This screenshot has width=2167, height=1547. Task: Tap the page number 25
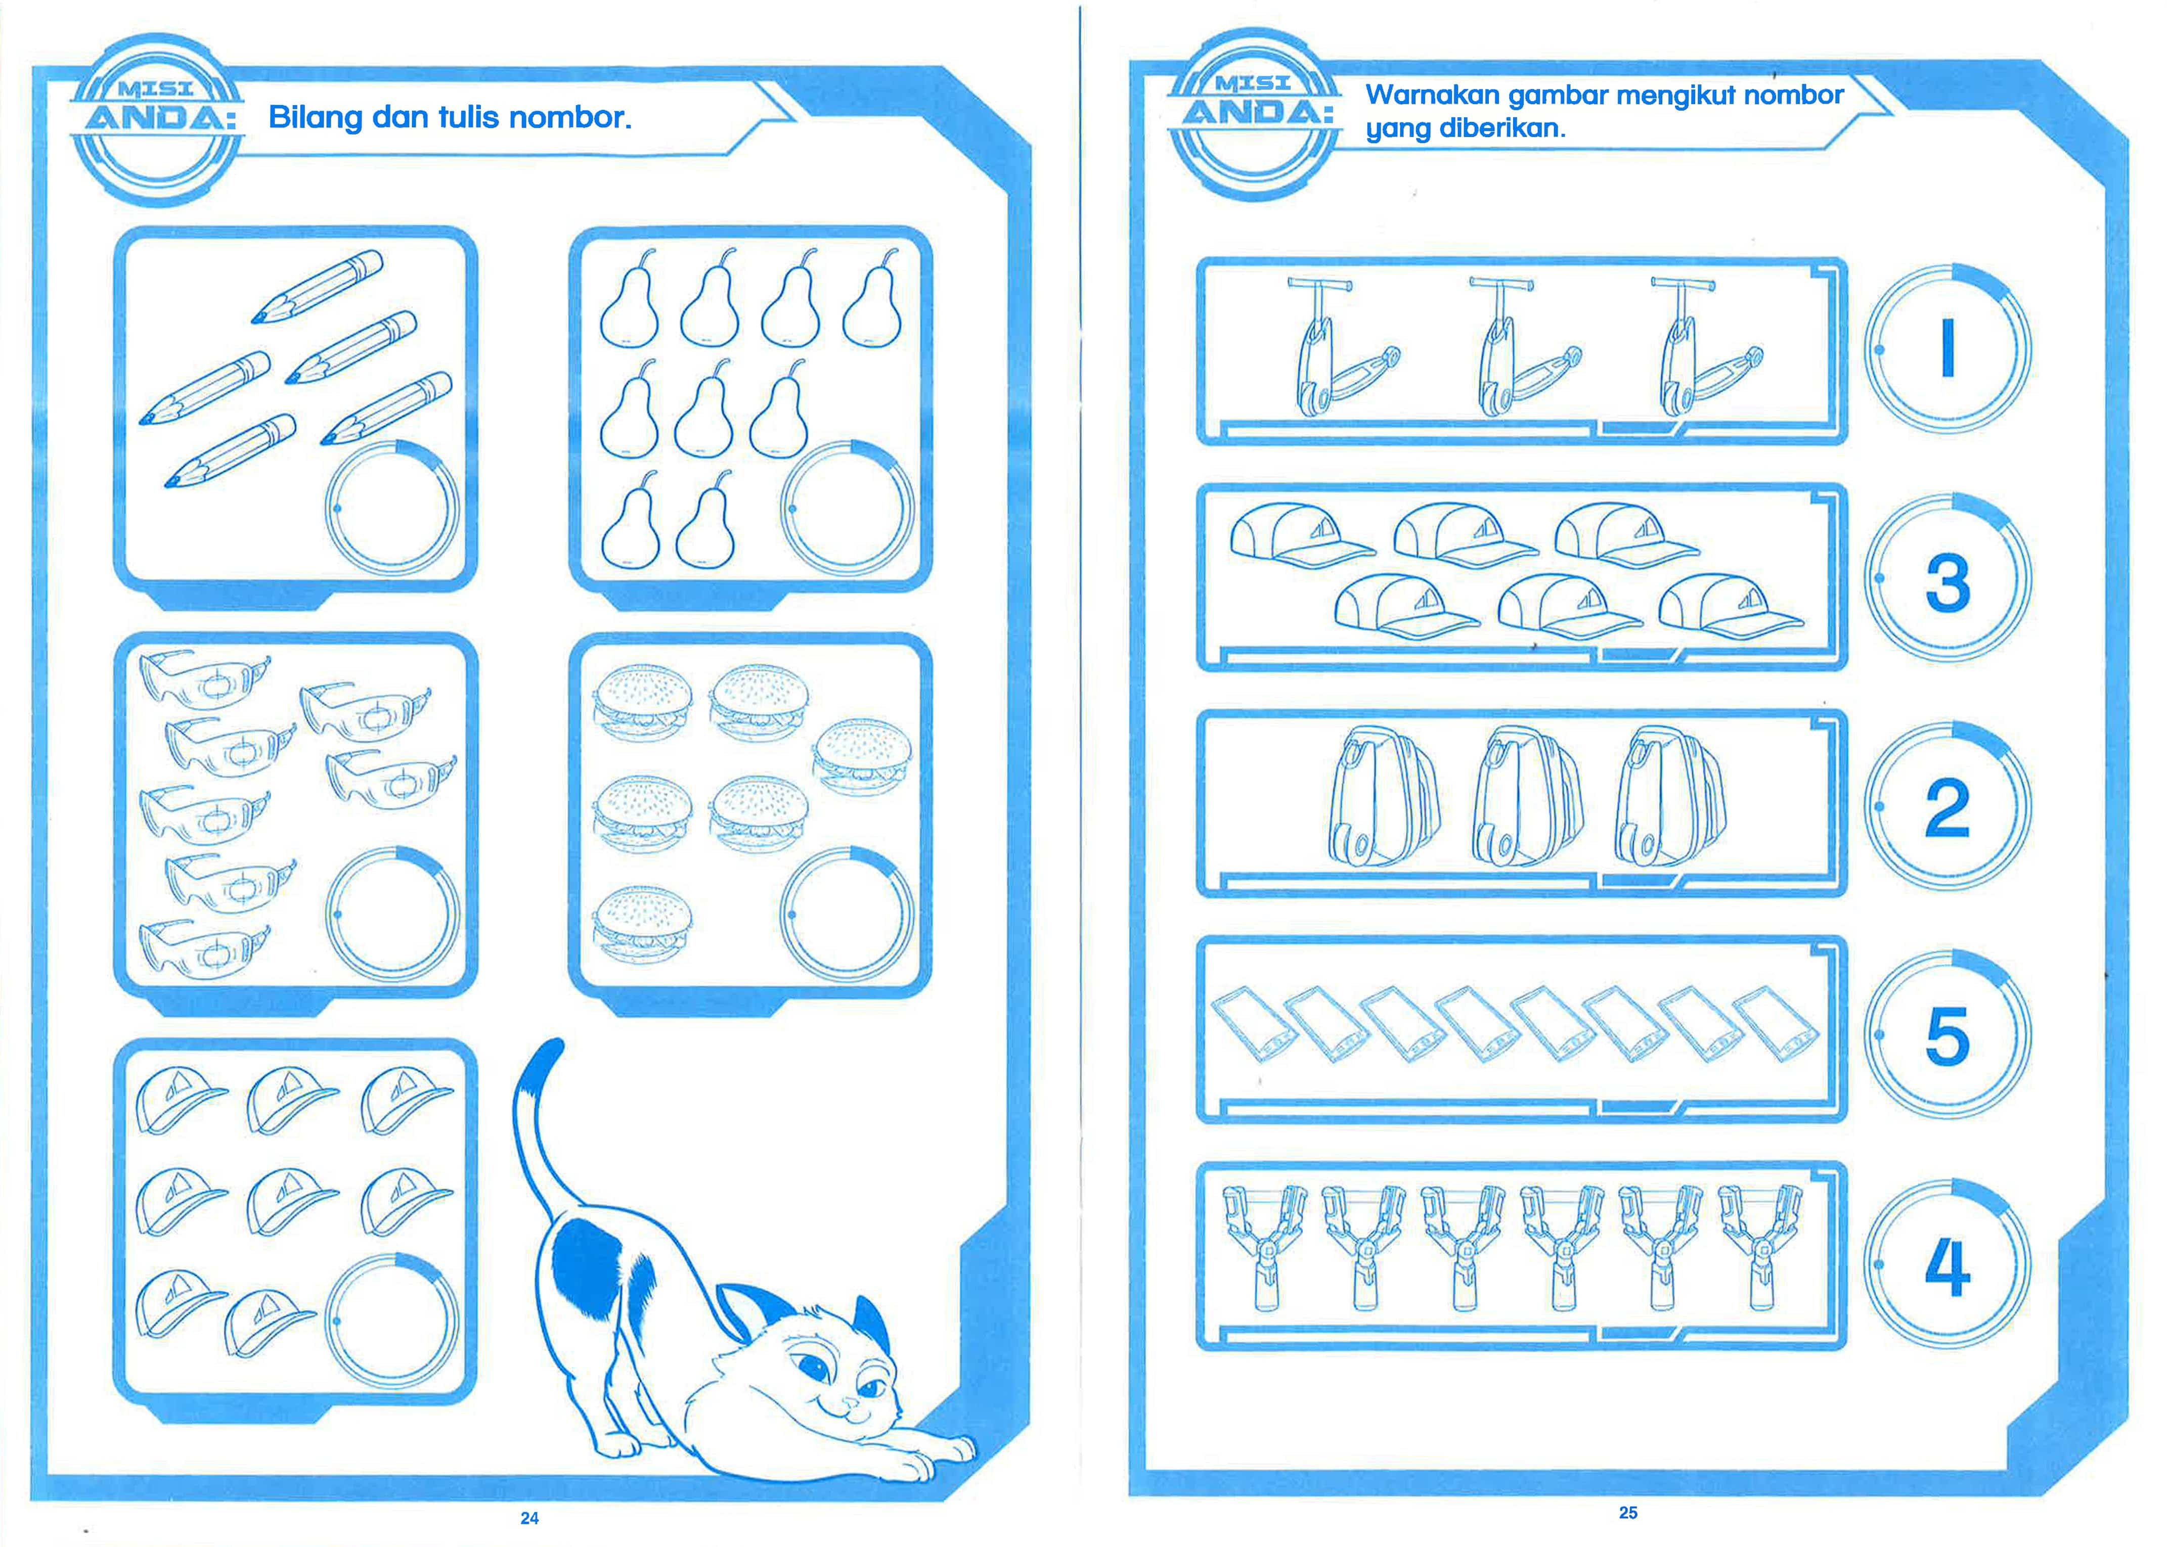(x=1627, y=1512)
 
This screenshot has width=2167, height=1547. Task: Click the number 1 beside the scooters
(x=1947, y=349)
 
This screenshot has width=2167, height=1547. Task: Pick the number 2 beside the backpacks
(x=1947, y=808)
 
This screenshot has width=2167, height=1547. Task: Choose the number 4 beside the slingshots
(x=1947, y=1267)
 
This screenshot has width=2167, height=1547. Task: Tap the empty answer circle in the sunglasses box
(x=391, y=915)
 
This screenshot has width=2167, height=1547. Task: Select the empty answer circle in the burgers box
(x=846, y=915)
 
